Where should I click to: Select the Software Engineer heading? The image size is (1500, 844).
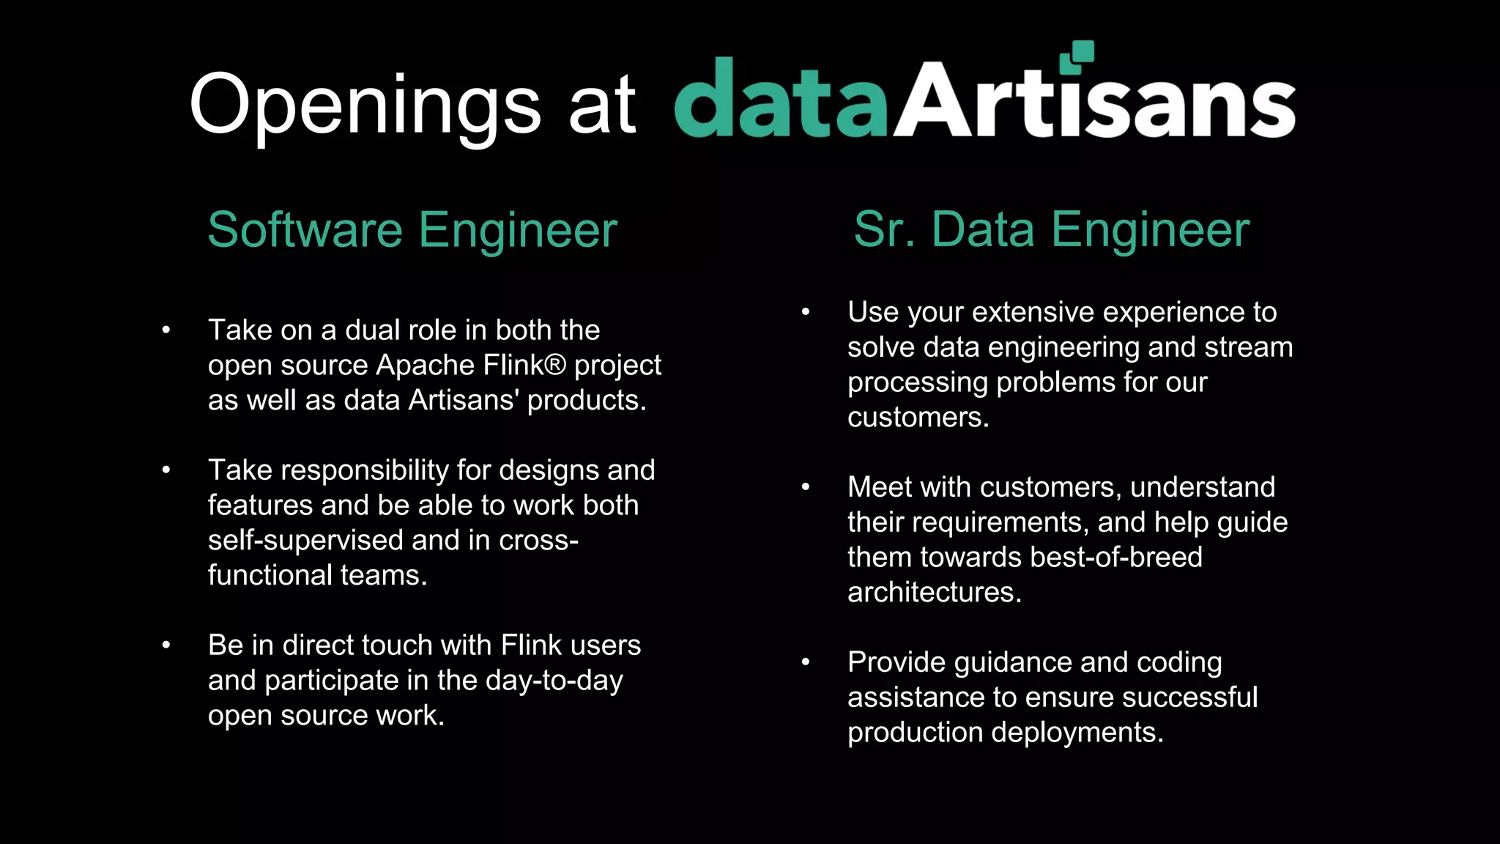pyautogui.click(x=412, y=230)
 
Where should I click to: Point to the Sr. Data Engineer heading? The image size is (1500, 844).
pyautogui.click(x=1051, y=230)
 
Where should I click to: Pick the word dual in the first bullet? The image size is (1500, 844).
pyautogui.click(x=373, y=330)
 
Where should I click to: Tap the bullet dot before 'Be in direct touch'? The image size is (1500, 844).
pyautogui.click(x=166, y=645)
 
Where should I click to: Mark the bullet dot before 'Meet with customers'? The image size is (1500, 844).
pyautogui.click(x=806, y=487)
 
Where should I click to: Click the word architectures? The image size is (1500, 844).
pyautogui.click(x=934, y=592)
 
